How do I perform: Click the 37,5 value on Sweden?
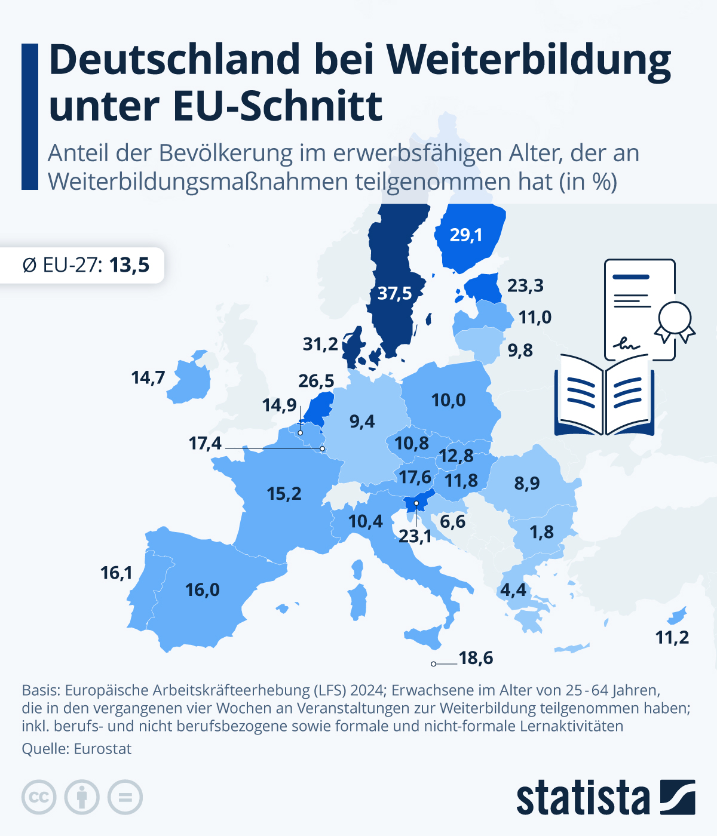tap(394, 293)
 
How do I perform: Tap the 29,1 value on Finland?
tap(466, 235)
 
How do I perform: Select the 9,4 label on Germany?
tap(361, 422)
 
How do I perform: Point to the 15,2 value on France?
tap(284, 494)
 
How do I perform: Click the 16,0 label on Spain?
tap(203, 590)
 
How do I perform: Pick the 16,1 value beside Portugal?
tap(116, 573)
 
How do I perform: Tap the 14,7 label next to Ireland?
tap(148, 378)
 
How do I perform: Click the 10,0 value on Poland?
tap(448, 400)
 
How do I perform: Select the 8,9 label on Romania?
tap(526, 483)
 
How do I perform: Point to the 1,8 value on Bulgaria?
tap(541, 532)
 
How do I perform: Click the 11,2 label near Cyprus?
tap(672, 638)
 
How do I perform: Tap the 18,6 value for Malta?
tap(476, 658)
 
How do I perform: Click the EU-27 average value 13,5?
tap(129, 265)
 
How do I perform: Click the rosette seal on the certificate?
tap(675, 320)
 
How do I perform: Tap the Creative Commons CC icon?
tap(39, 797)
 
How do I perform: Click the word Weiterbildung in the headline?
tap(529, 60)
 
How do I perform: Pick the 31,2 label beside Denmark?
tap(320, 344)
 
